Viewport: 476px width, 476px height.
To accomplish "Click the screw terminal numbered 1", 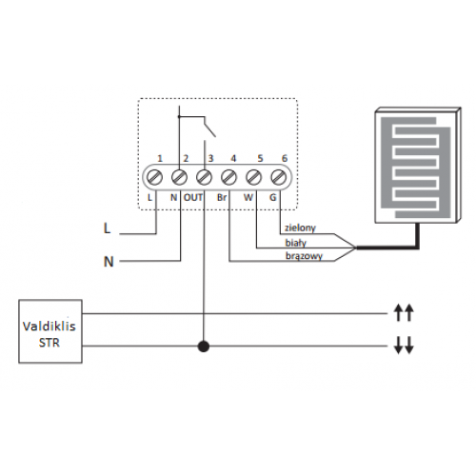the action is (x=155, y=177).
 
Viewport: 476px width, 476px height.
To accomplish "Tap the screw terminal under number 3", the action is (x=204, y=177).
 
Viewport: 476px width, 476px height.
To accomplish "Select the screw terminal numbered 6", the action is (x=278, y=177).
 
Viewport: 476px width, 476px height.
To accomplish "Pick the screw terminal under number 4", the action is (x=228, y=177).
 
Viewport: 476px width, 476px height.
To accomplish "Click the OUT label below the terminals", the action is (x=193, y=197).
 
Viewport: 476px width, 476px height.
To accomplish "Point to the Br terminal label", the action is (x=222, y=197).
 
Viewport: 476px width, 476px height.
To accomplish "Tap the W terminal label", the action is (x=248, y=197).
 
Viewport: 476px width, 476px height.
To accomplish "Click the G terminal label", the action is (x=273, y=197).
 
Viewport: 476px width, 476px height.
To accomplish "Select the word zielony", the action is (x=300, y=228).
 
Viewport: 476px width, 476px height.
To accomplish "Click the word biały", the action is (x=296, y=243).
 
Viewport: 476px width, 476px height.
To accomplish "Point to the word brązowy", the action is (x=304, y=256).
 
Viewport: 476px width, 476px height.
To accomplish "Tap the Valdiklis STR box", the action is (x=50, y=331).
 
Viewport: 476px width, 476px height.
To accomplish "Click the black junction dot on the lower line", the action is (x=204, y=346).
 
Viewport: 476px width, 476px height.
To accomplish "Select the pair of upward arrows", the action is (x=404, y=312).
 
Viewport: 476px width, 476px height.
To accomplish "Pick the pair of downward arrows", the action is (x=404, y=345).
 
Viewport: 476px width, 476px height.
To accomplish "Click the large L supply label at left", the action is (x=108, y=228).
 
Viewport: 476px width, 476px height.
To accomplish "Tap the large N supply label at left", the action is (x=109, y=262).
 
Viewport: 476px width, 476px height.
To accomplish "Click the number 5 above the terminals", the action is (x=260, y=158).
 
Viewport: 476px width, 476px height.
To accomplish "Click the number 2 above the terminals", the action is (x=186, y=158).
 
